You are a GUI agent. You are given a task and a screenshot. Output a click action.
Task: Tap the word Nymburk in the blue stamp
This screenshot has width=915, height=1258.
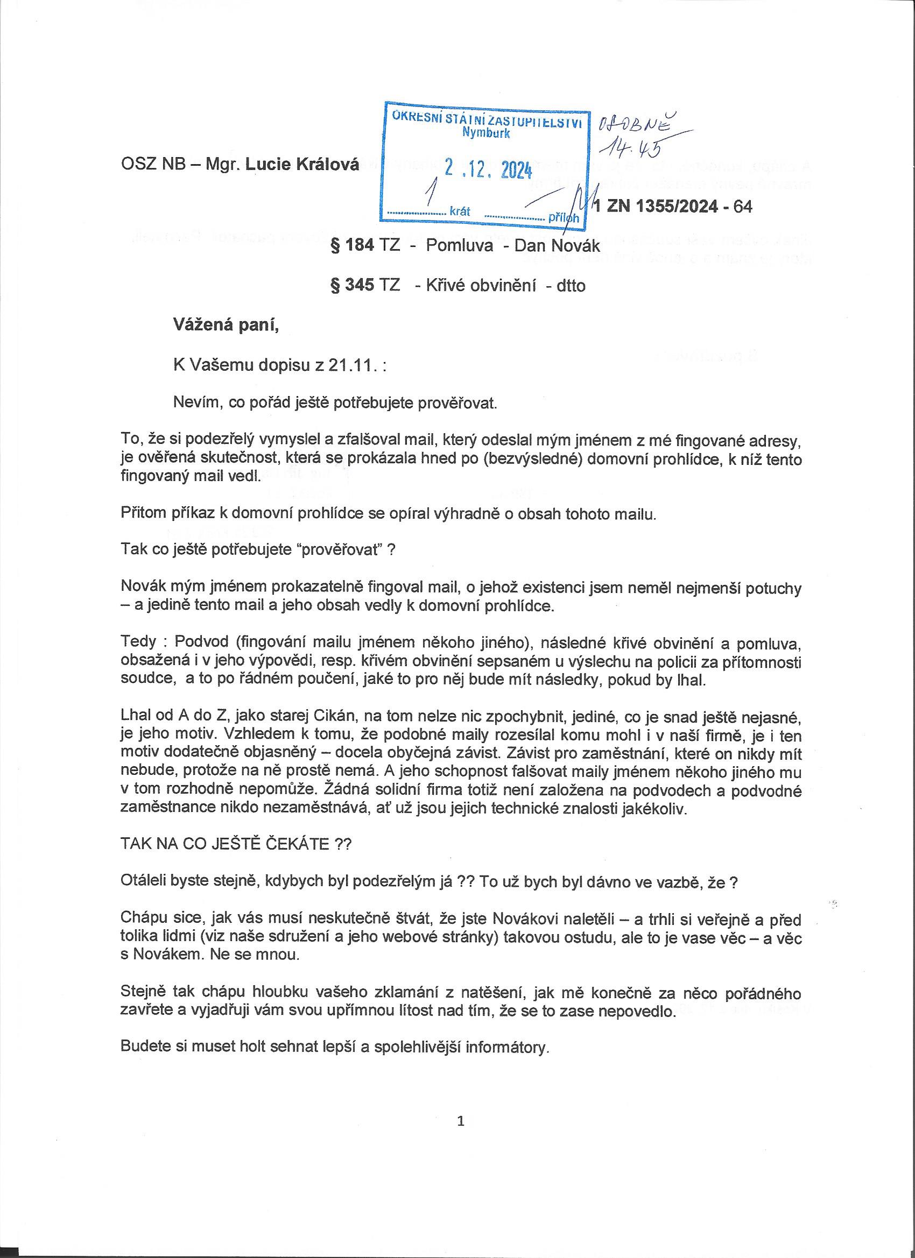[x=486, y=133]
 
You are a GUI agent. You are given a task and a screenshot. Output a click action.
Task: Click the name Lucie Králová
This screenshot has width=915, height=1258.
[x=302, y=164]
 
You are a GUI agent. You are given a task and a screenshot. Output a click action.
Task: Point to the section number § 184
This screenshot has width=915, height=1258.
[x=353, y=245]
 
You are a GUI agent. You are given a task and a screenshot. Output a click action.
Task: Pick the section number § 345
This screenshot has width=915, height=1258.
[x=353, y=285]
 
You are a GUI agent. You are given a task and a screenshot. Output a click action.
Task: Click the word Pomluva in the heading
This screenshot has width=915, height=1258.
[x=460, y=245]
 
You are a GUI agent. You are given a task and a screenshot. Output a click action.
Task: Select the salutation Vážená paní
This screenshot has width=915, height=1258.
[x=227, y=325]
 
